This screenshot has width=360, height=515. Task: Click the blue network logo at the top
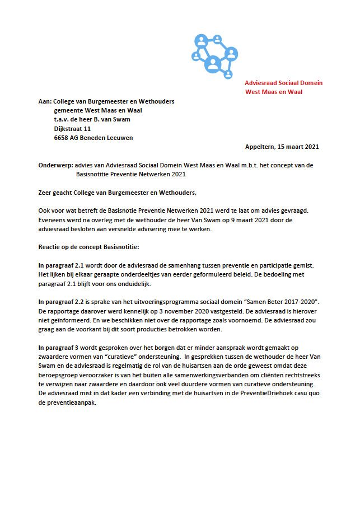(x=212, y=54)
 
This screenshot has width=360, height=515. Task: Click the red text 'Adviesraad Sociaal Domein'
(x=283, y=83)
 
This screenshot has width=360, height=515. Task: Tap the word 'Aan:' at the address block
(x=44, y=101)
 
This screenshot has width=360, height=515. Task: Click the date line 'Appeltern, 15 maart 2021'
(x=282, y=147)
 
